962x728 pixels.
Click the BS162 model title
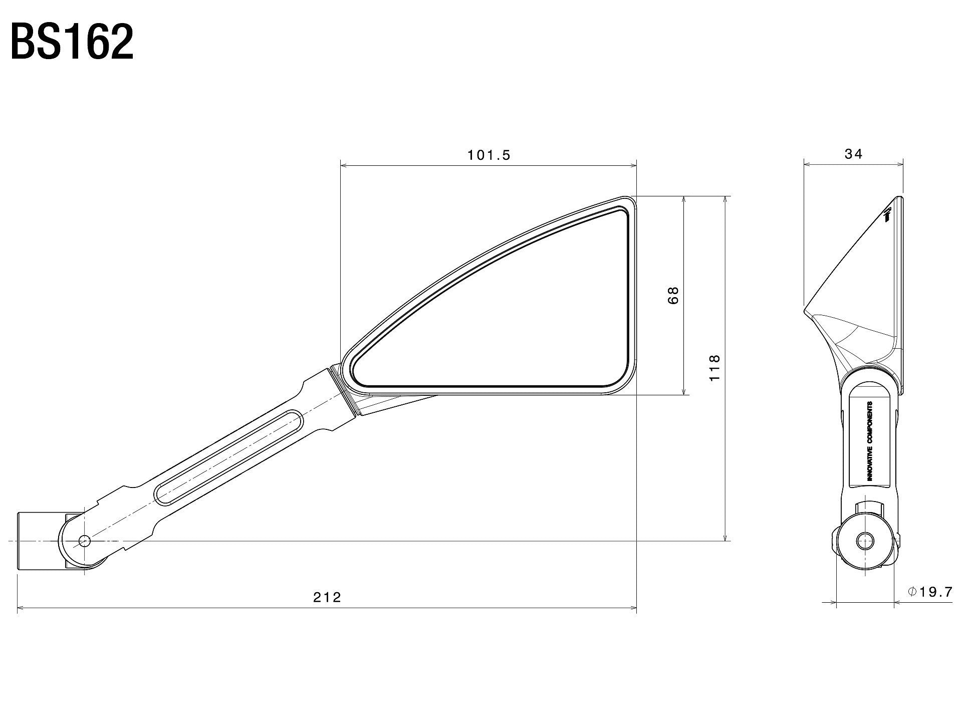coord(72,42)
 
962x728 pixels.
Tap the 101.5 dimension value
coord(489,155)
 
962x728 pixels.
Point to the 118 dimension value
coord(714,367)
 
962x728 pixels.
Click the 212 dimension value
coord(327,597)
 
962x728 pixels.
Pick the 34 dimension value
coord(853,154)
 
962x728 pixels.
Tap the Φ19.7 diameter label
coord(929,592)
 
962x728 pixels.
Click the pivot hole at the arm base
coord(84,541)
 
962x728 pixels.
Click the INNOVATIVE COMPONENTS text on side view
coord(869,441)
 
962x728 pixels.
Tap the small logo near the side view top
coord(887,215)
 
